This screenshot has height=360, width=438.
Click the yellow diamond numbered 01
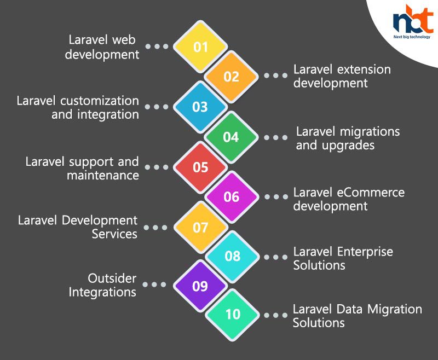coord(200,47)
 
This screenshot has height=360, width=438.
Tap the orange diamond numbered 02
coord(231,77)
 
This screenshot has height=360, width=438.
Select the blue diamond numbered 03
coord(200,107)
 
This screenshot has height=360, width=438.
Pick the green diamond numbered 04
coord(231,137)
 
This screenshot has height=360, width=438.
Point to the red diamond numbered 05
coord(200,167)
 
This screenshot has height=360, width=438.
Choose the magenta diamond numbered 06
coord(232,197)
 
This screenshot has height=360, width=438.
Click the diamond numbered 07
coord(201,228)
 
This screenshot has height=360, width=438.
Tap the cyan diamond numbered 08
coord(232,256)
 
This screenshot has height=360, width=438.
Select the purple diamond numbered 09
coord(200,286)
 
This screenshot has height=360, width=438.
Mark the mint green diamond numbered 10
coord(233,315)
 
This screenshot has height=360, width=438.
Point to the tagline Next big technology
coord(412,37)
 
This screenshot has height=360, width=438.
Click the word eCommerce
coord(371,192)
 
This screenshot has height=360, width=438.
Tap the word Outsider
coord(112,278)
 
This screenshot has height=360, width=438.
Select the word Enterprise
coord(365,252)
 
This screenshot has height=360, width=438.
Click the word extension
coord(364,70)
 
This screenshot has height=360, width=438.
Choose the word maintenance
coord(103,176)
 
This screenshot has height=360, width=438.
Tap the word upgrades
coord(348,146)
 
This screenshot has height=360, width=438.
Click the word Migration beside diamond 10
coord(394,310)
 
